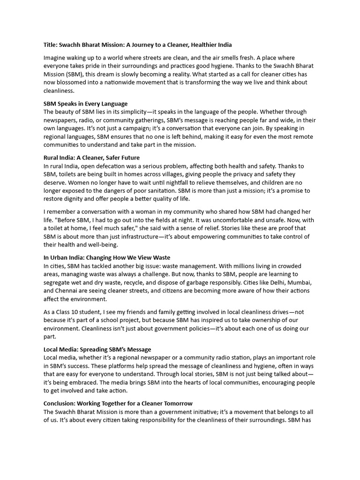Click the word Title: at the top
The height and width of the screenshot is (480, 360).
point(51,45)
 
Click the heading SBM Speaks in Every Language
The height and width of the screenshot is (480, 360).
point(85,104)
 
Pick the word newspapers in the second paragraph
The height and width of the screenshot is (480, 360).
point(62,120)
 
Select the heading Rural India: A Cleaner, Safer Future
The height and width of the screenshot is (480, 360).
point(91,157)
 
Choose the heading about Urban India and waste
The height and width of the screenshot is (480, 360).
point(107,257)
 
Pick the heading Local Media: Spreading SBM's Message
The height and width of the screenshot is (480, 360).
point(97,349)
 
